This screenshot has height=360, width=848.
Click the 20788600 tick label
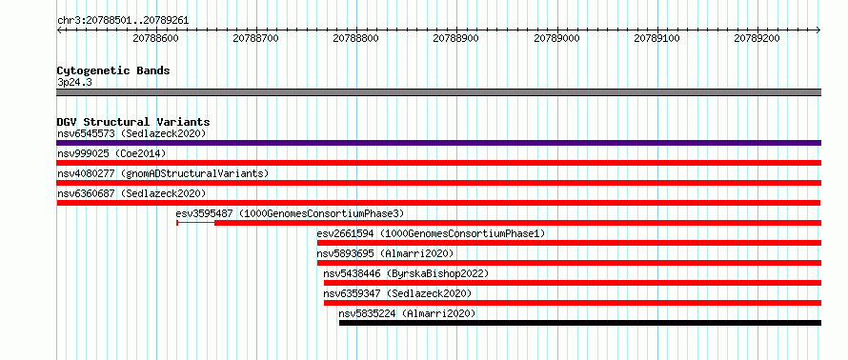click(x=155, y=38)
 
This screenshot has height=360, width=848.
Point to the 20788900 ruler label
click(x=455, y=38)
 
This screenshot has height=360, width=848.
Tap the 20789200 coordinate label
click(x=757, y=38)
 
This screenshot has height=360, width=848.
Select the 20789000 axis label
click(x=556, y=38)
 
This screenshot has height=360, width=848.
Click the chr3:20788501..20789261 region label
click(x=123, y=21)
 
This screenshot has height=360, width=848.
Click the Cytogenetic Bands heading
click(x=113, y=70)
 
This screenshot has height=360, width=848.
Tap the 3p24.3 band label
click(x=74, y=83)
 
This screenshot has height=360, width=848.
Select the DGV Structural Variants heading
click(x=133, y=122)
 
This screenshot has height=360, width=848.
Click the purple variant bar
click(x=439, y=143)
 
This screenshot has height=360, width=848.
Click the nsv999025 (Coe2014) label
click(x=111, y=153)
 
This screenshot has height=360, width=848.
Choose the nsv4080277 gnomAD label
click(x=163, y=173)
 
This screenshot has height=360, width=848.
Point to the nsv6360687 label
click(x=131, y=193)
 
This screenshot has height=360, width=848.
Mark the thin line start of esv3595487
click(x=177, y=223)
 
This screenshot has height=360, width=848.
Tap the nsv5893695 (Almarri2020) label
click(x=385, y=253)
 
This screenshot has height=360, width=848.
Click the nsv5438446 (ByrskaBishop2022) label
click(x=406, y=273)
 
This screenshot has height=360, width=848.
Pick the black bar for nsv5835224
click(x=580, y=323)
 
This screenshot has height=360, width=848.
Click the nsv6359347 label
click(x=397, y=293)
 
